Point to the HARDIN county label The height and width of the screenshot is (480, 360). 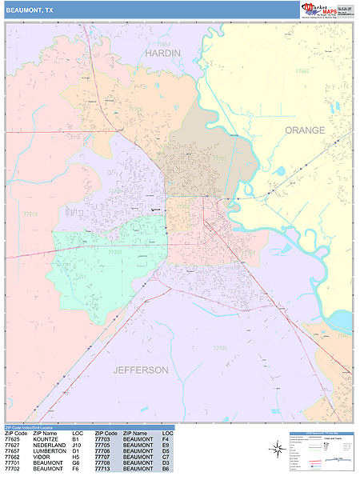[x=162, y=53]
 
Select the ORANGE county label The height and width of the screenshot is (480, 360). [x=305, y=130]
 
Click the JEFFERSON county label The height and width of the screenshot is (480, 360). [x=141, y=370]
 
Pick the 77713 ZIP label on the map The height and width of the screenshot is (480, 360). [x=30, y=214]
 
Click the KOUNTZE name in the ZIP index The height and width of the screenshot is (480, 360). [x=46, y=439]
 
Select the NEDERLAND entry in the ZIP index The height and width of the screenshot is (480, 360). [x=50, y=445]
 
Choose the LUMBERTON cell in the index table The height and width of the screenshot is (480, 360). [x=50, y=451]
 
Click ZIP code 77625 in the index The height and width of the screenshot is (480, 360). [x=13, y=439]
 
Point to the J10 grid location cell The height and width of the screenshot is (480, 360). [x=77, y=445]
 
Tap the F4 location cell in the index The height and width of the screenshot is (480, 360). [x=165, y=439]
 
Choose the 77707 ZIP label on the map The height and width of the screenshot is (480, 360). [x=114, y=253]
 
